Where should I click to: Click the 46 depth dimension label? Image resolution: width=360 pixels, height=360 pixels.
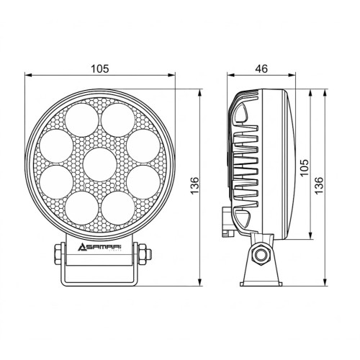click(261, 69)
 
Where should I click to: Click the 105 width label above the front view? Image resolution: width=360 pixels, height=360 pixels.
click(100, 69)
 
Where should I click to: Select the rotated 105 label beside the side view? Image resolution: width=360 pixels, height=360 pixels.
click(305, 167)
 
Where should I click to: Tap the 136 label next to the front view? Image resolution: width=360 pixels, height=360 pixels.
click(194, 186)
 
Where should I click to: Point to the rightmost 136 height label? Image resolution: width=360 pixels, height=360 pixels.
click(319, 186)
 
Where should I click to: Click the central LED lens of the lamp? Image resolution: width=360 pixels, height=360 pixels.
click(100, 165)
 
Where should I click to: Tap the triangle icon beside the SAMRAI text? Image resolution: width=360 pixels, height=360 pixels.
click(81, 247)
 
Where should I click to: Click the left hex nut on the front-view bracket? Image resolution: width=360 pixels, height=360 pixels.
click(58, 254)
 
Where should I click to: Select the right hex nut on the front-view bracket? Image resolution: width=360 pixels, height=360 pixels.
click(143, 254)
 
